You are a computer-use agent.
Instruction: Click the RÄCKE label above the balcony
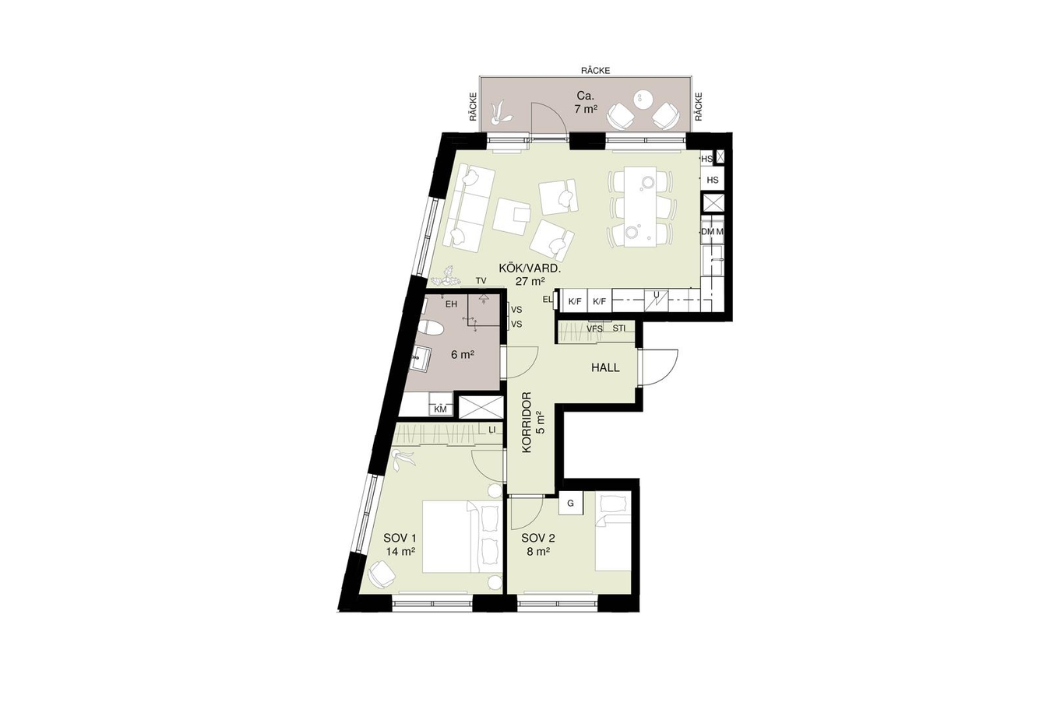pyautogui.click(x=595, y=71)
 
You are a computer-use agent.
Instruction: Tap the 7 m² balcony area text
pyautogui.click(x=586, y=109)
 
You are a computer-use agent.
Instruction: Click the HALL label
pyautogui.click(x=605, y=367)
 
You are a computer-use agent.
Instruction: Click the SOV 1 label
pyautogui.click(x=400, y=538)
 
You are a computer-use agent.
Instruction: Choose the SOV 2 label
pyautogui.click(x=537, y=538)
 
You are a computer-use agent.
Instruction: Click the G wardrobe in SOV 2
pyautogui.click(x=570, y=504)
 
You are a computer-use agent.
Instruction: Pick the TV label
pyautogui.click(x=481, y=281)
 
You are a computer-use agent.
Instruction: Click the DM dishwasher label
pyautogui.click(x=708, y=232)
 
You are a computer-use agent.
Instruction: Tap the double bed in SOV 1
pyautogui.click(x=462, y=537)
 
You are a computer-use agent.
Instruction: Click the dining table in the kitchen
pyautogui.click(x=640, y=206)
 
